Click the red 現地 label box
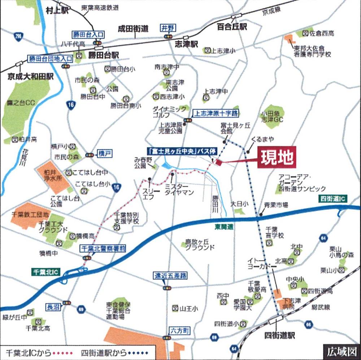click(277, 157)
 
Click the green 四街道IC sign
click(333, 198)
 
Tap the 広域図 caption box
click(342, 352)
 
